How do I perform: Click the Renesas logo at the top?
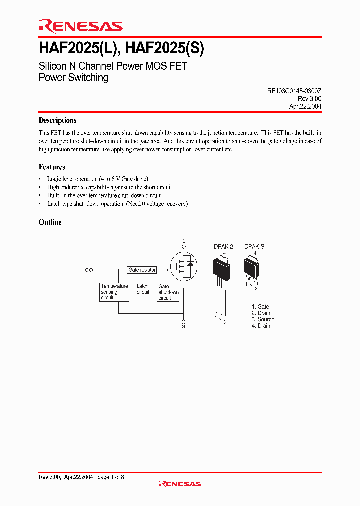(x=80, y=27)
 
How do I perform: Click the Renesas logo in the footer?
(x=179, y=484)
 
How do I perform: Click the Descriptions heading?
(x=57, y=120)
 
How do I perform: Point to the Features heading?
(x=52, y=167)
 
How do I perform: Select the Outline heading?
(x=50, y=222)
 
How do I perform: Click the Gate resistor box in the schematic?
(x=142, y=270)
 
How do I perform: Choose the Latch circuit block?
(x=143, y=289)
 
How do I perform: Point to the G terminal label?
(x=87, y=270)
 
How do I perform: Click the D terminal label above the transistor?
(x=183, y=241)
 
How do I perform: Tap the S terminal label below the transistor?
(x=183, y=327)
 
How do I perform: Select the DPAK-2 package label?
(x=223, y=247)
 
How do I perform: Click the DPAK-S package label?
(x=254, y=247)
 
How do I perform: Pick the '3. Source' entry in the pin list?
(x=263, y=319)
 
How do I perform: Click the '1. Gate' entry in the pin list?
(x=260, y=307)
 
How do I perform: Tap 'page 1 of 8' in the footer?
(x=110, y=477)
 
